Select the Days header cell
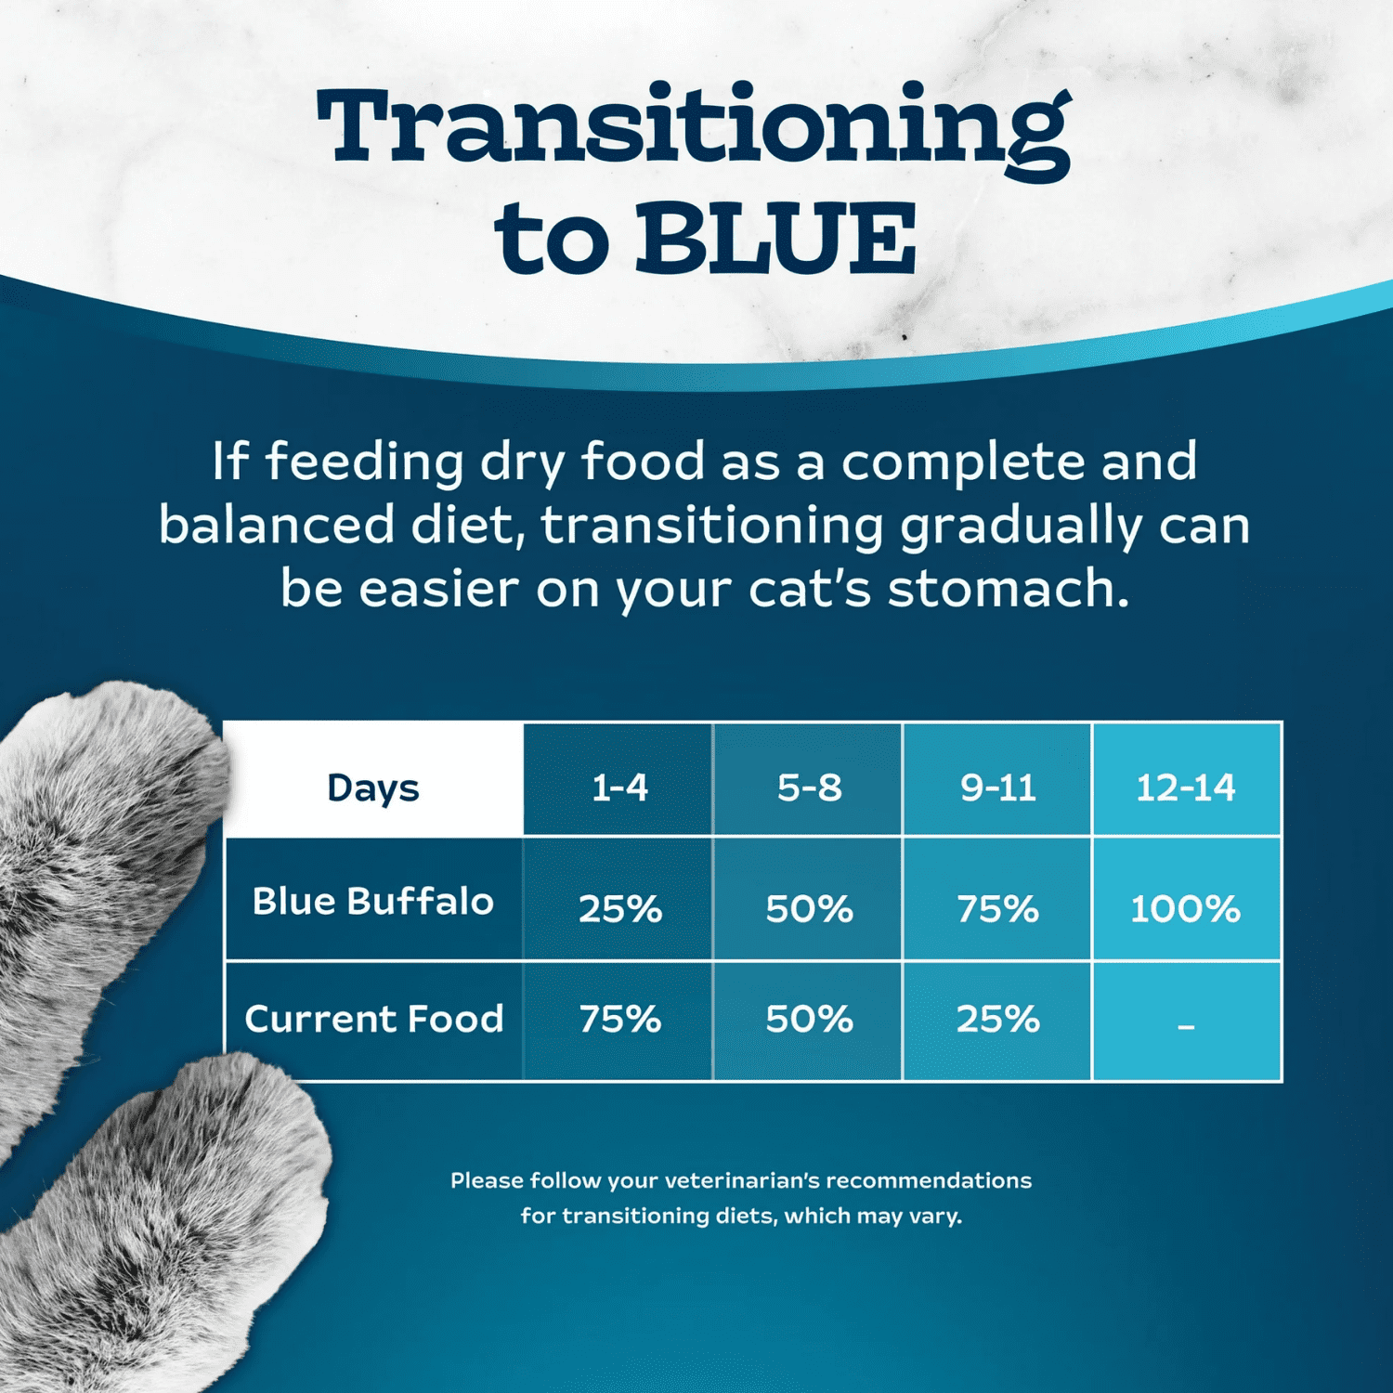point(373,788)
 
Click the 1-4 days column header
point(619,788)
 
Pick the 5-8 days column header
point(809,788)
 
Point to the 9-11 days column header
point(997,788)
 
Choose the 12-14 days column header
point(1186,788)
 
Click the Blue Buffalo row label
point(373,901)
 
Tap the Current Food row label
point(373,1019)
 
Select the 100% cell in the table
point(1185,908)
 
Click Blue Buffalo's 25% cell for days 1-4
point(619,908)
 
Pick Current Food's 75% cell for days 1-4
point(619,1019)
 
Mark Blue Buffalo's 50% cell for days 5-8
point(809,908)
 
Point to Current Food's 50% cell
point(809,1019)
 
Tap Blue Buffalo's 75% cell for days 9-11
point(997,908)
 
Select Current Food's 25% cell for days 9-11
point(997,1019)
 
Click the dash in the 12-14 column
point(1186,1026)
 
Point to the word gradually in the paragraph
point(1021,526)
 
